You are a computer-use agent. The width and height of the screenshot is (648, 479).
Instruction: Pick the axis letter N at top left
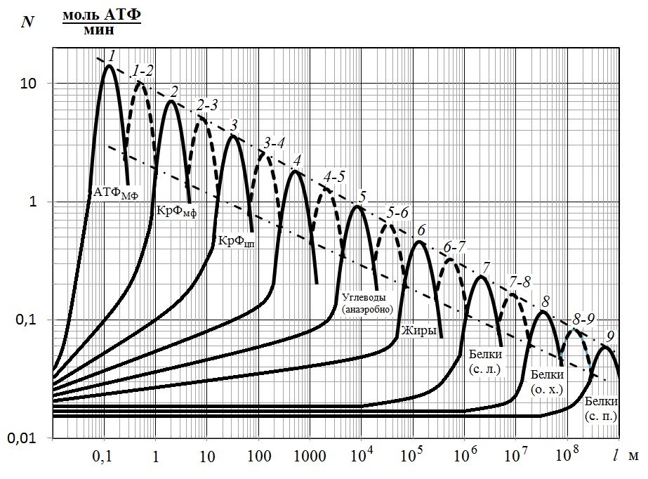click(28, 21)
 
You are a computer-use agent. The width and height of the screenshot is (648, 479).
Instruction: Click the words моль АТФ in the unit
click(102, 16)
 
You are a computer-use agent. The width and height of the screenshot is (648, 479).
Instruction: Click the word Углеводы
click(365, 296)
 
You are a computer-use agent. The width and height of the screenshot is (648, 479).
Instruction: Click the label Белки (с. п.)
click(600, 408)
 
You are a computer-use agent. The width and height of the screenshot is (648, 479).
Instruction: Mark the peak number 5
click(362, 196)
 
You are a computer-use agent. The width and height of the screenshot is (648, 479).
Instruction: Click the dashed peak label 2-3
click(208, 105)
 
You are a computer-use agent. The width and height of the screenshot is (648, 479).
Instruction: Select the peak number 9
click(610, 335)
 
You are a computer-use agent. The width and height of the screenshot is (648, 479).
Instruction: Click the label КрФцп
click(236, 240)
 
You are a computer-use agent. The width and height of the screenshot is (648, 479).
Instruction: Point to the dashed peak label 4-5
click(333, 176)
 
